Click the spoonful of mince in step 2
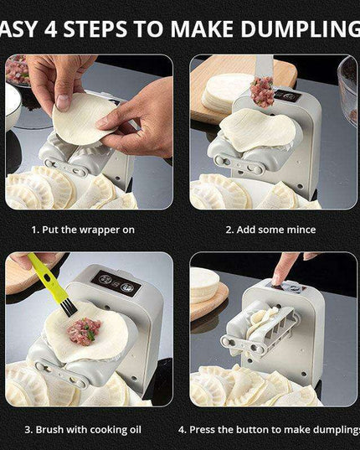262,92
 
